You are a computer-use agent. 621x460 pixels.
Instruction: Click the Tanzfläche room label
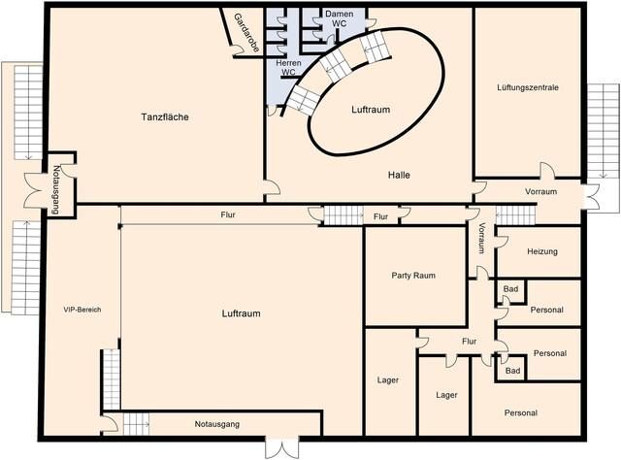tap(165, 116)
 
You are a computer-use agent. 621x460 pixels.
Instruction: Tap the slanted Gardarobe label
tap(246, 33)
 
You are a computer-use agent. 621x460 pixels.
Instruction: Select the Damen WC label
tap(339, 18)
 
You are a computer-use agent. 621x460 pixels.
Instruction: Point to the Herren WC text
tap(288, 67)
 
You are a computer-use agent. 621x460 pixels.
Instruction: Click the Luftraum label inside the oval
tap(371, 110)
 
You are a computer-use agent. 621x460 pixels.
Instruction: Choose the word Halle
tap(399, 175)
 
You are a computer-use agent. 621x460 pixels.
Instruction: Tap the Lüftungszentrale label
tap(528, 87)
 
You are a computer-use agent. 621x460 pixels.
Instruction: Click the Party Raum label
tap(413, 276)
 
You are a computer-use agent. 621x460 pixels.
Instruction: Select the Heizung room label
tap(542, 251)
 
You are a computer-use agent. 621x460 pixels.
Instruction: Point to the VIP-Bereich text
tap(82, 310)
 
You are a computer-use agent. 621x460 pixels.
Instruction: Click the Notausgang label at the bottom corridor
tap(217, 424)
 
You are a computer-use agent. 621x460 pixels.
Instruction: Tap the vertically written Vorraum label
tap(481, 238)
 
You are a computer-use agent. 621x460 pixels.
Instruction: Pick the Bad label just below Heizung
tap(510, 289)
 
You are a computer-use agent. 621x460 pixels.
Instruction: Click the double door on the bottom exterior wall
tap(281, 448)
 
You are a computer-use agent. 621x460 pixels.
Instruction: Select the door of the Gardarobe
tap(237, 49)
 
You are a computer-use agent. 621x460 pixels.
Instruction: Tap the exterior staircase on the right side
tap(603, 131)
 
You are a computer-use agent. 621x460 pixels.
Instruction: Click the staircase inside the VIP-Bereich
tap(112, 379)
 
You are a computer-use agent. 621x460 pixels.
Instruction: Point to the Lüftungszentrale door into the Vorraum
tap(547, 170)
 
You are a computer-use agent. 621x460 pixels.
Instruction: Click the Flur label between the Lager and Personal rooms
tap(469, 342)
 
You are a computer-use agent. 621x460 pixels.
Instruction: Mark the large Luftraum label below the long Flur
tap(241, 313)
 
